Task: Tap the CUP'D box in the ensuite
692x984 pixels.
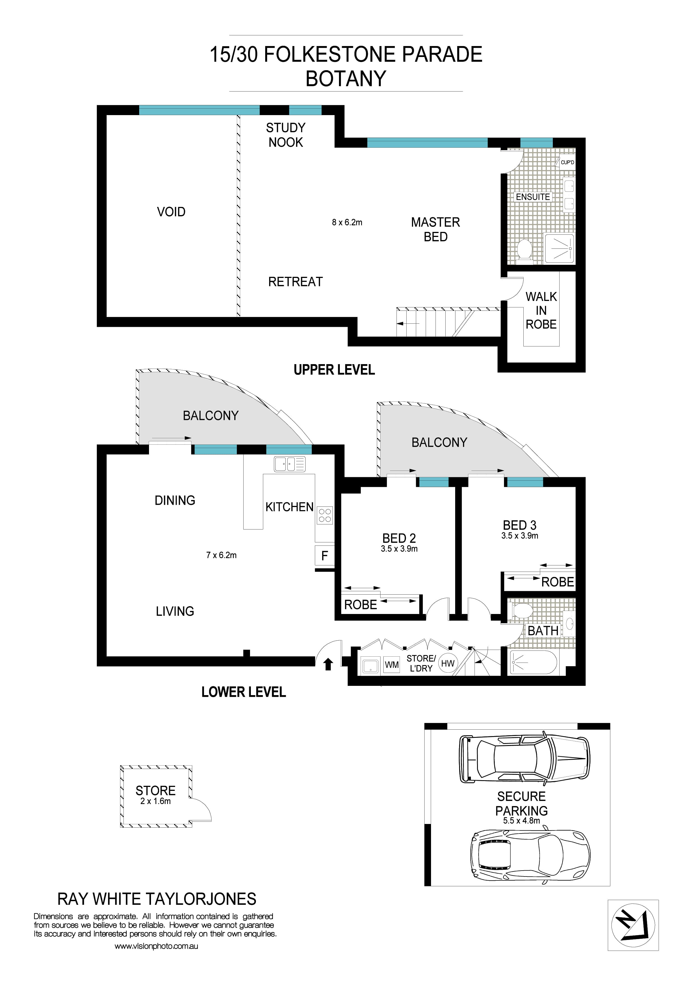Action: [x=567, y=163]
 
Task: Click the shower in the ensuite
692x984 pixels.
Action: [x=559, y=248]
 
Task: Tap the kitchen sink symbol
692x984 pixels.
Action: [x=290, y=464]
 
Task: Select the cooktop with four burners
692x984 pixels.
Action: [x=325, y=515]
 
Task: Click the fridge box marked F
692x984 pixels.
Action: [x=324, y=556]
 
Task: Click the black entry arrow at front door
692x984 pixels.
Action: [x=328, y=664]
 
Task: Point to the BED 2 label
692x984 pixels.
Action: [x=399, y=538]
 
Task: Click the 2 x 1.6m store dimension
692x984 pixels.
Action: [x=155, y=802]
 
